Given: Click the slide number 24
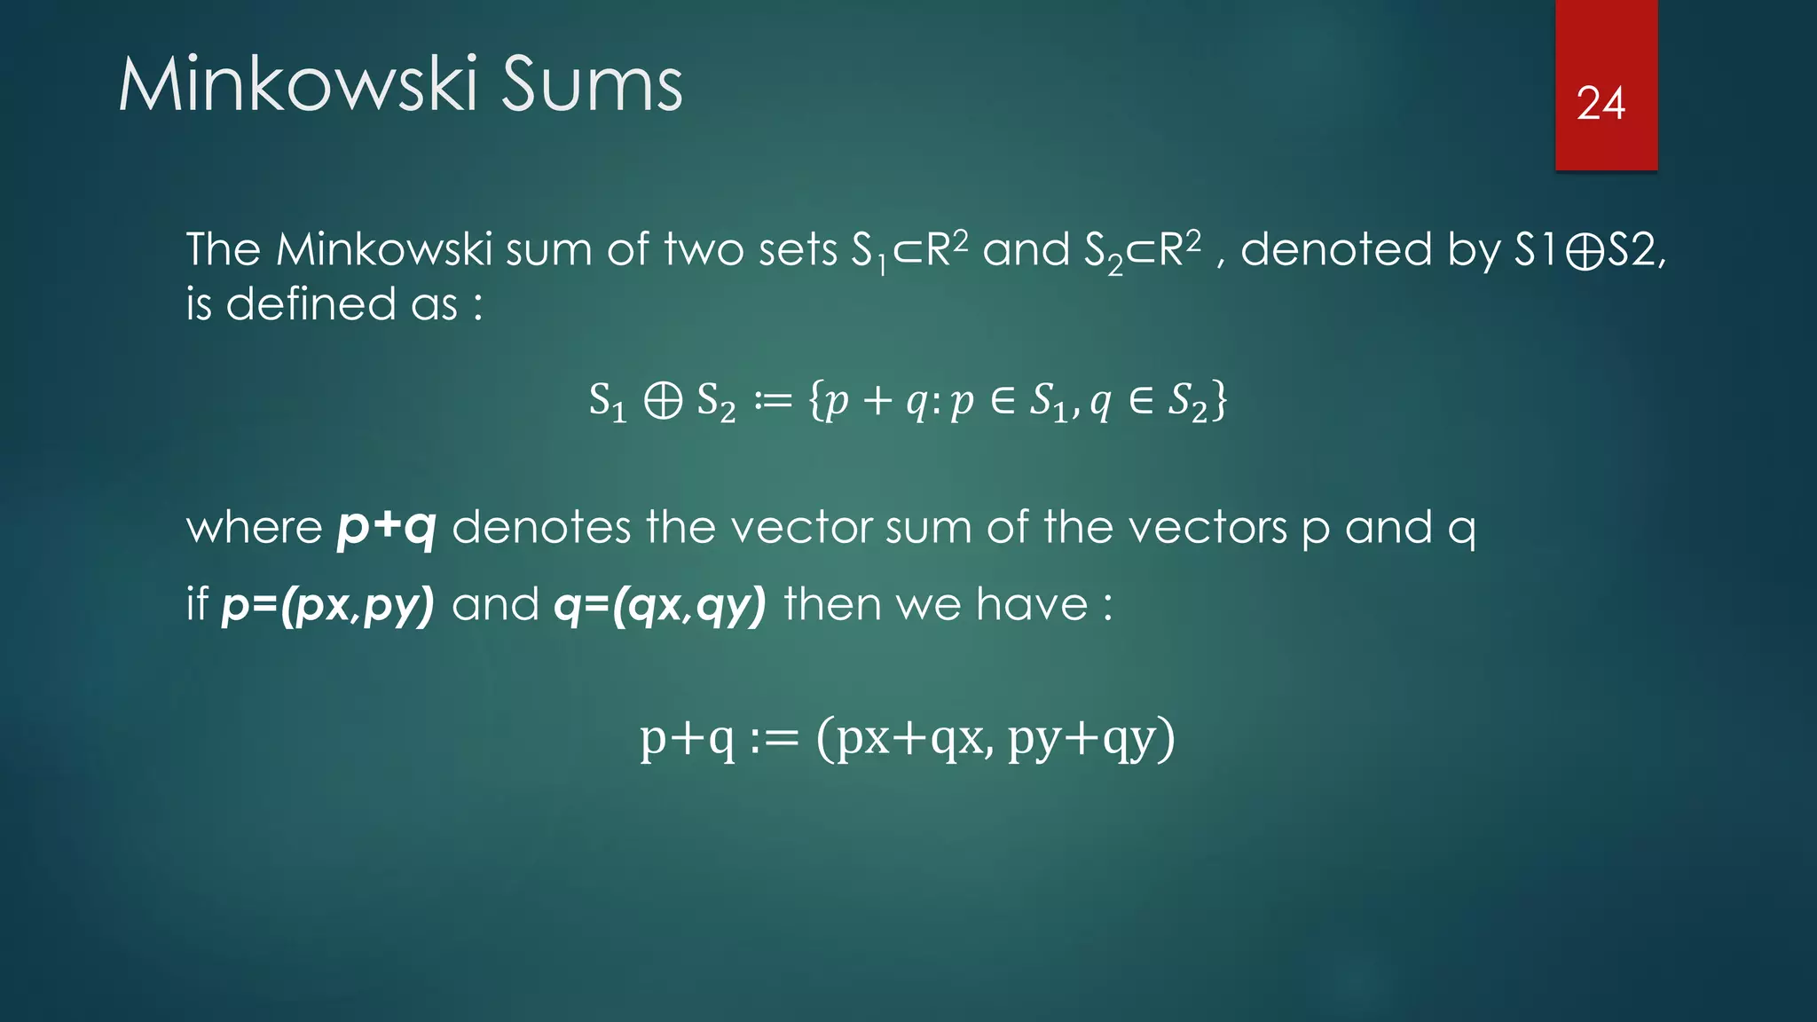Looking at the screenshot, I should point(1601,104).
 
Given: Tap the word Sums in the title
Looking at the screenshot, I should point(592,84).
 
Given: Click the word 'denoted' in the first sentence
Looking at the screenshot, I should point(1336,250).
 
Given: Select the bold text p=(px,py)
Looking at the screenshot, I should point(327,605).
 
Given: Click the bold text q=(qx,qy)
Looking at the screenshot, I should point(659,605).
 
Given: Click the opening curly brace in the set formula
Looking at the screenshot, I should point(815,400).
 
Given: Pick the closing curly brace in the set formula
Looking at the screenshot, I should point(1220,400).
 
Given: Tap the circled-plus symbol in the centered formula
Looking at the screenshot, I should point(663,401).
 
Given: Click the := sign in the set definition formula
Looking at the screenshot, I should point(772,401).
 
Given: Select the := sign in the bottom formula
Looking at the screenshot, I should point(774,738).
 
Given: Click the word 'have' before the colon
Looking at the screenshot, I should point(1032,605).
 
